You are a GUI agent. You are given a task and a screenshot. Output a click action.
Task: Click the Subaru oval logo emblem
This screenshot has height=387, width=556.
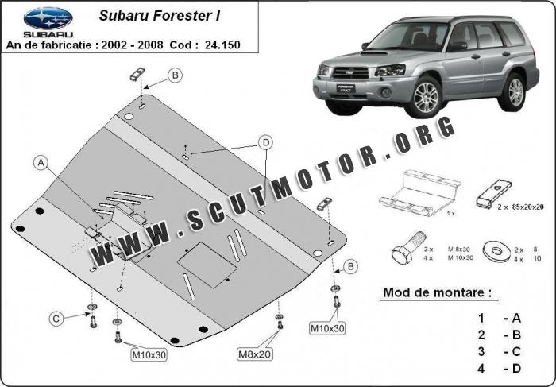[47, 16]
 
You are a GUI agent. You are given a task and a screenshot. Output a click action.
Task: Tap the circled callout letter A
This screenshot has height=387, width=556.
[41, 163]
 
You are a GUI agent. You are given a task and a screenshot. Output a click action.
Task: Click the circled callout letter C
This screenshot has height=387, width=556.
[56, 319]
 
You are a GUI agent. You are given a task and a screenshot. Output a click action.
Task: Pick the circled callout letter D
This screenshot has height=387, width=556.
[266, 142]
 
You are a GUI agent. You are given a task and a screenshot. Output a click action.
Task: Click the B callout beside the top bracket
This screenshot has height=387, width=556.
[176, 75]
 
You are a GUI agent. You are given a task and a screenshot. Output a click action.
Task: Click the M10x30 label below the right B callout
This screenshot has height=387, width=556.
[327, 328]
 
